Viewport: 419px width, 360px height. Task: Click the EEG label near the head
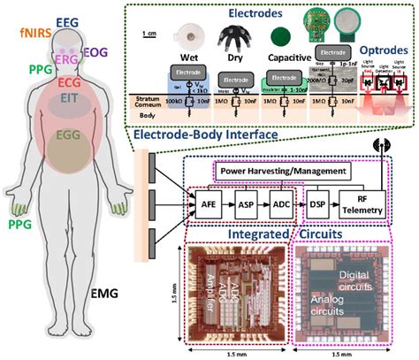click(x=67, y=20)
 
